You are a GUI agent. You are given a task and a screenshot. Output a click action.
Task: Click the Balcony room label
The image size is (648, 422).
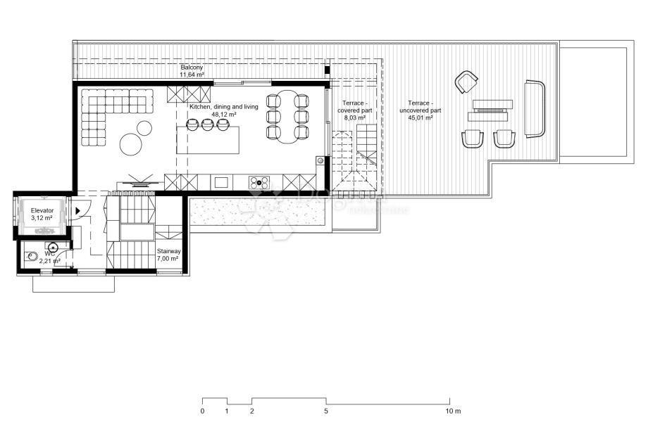(x=191, y=67)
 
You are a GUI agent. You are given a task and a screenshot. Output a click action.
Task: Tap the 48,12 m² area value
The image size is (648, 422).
(x=223, y=114)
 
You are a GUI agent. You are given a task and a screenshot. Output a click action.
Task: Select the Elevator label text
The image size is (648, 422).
(x=42, y=210)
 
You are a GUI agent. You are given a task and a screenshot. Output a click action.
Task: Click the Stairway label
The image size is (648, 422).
(x=168, y=250)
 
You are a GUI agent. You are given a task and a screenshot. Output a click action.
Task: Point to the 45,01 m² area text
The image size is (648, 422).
(x=420, y=118)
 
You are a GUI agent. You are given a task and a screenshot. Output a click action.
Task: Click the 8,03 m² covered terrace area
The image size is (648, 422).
(x=354, y=118)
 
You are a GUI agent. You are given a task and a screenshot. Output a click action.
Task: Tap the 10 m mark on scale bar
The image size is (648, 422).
(x=453, y=411)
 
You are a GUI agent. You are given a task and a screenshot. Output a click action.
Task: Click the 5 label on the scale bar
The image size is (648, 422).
(x=326, y=411)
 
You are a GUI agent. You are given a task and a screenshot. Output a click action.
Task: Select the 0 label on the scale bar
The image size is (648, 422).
(x=202, y=411)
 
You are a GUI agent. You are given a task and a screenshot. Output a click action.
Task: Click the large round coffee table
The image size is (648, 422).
(x=132, y=144)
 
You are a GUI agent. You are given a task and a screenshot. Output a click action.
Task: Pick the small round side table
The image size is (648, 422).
(x=144, y=128)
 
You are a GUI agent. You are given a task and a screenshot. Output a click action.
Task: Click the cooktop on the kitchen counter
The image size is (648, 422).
(x=259, y=183)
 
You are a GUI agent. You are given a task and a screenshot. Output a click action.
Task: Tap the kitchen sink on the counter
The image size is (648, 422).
(x=221, y=183)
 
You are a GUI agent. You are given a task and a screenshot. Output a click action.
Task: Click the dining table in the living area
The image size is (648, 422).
(x=288, y=116)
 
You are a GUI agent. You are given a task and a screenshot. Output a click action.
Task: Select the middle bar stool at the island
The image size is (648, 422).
(x=207, y=124)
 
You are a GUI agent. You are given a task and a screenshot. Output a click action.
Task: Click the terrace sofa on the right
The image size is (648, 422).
(x=535, y=108)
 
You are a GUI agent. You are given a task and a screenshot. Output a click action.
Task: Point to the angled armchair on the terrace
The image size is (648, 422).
(x=466, y=82)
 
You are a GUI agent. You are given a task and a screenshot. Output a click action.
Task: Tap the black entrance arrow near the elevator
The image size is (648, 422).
(x=77, y=210)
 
